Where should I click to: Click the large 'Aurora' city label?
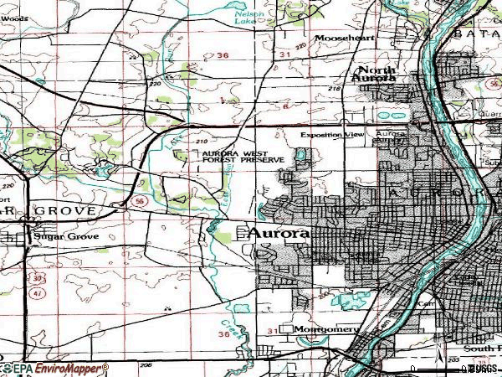tap(279, 234)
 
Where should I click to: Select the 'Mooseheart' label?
tap(342, 39)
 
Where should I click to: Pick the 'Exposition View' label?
tap(332, 134)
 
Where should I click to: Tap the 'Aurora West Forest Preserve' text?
tap(242, 157)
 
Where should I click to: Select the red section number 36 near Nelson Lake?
tap(222, 55)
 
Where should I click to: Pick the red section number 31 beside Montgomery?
tap(272, 332)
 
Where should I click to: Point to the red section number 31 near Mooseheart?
tap(286, 55)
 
